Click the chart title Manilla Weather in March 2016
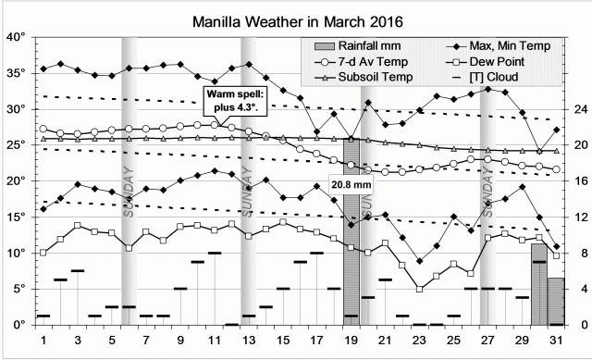300,19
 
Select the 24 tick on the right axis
579,109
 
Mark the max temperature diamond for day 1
43,68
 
